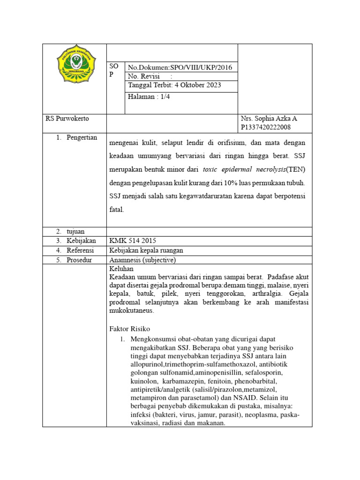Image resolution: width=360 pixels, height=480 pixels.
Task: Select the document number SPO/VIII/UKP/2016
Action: click(201, 67)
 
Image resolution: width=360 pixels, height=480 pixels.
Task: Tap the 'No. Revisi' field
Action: click(147, 76)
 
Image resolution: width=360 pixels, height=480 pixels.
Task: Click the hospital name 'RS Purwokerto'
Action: click(67, 119)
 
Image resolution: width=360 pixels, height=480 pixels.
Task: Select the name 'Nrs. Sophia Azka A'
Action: click(269, 119)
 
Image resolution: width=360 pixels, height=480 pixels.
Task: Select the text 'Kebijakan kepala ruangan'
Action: click(146, 250)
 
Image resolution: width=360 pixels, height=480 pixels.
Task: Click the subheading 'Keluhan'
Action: click(121, 269)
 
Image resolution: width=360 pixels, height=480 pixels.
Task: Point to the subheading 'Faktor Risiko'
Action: click(129, 329)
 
